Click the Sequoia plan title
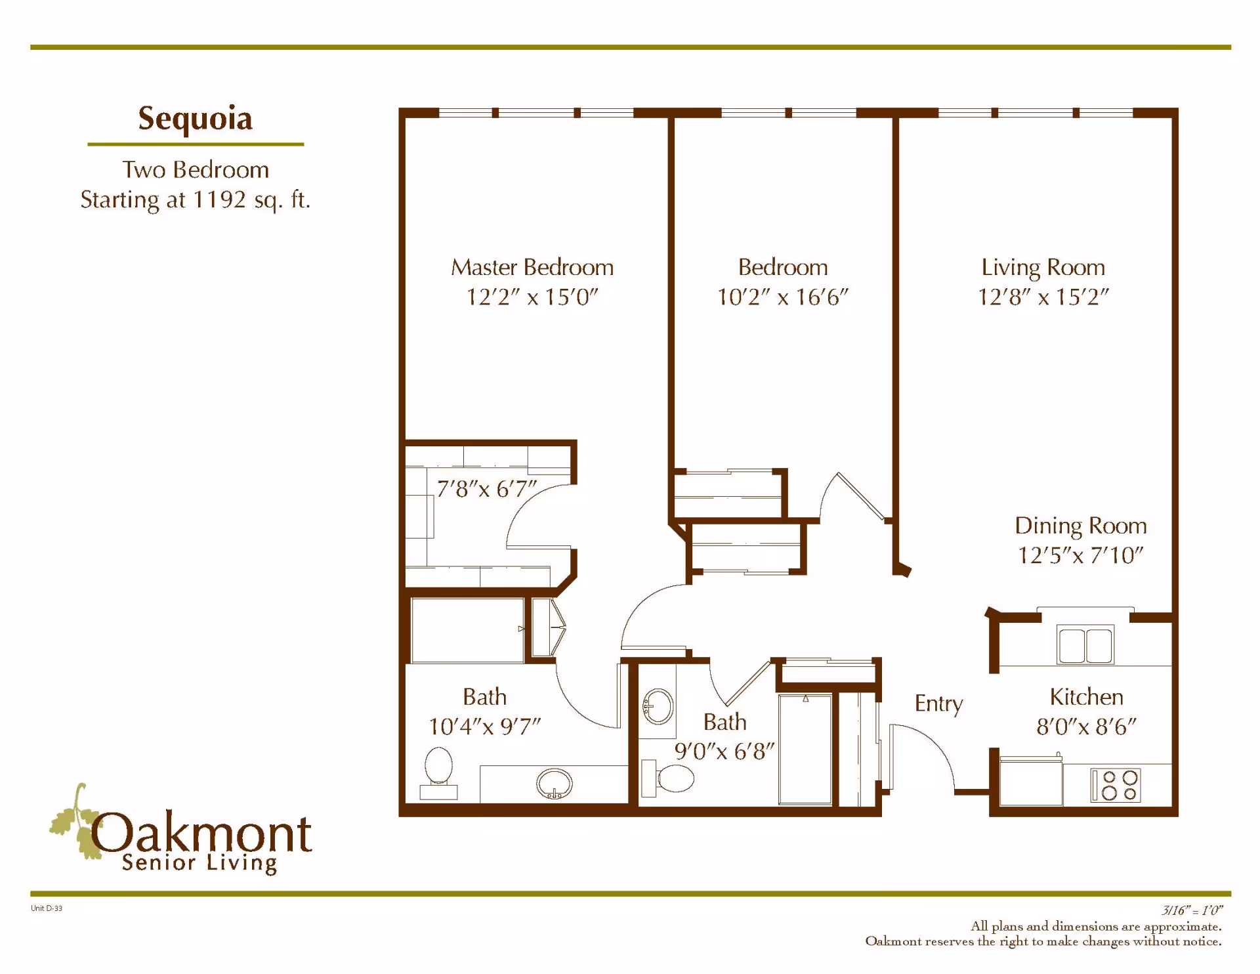coord(195,119)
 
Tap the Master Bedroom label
coord(532,268)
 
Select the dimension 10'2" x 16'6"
coord(782,297)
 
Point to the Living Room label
coord(1043,268)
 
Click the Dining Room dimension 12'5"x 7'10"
coord(1080,555)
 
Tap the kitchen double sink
coord(1085,645)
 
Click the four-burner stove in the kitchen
coord(1116,785)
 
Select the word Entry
coord(938,704)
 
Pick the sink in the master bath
coord(554,783)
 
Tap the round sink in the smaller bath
coord(658,707)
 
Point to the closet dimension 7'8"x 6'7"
coord(486,489)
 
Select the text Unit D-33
coord(47,908)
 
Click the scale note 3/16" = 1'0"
coord(1192,910)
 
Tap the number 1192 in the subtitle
coord(219,200)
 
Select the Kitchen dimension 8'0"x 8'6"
coord(1086,727)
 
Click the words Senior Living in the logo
coord(199,863)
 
